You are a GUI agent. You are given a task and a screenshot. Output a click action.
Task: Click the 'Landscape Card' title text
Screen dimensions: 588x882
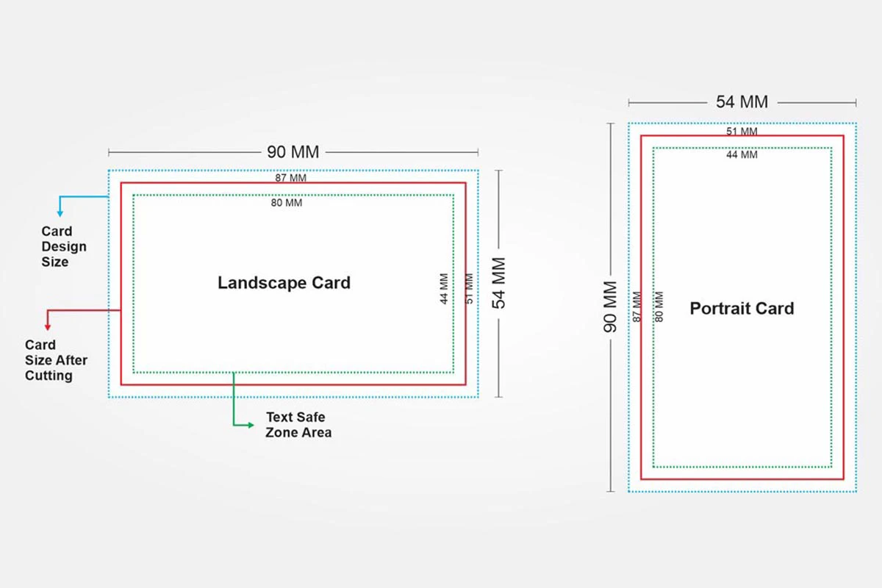coord(284,283)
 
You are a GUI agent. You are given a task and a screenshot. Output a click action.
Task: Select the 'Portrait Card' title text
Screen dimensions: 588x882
coord(742,309)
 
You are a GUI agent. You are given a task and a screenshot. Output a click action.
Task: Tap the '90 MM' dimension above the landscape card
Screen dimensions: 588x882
coord(293,152)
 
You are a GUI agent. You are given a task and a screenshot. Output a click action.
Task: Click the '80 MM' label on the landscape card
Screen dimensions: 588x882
coord(287,203)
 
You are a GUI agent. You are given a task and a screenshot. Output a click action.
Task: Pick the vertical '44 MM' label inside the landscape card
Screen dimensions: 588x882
coord(444,290)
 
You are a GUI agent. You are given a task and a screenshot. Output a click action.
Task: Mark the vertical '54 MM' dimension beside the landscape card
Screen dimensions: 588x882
coord(499,282)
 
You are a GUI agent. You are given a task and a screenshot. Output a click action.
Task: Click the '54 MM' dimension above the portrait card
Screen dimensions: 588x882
coord(742,102)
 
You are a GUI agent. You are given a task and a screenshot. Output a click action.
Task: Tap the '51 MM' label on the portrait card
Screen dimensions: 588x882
coord(742,132)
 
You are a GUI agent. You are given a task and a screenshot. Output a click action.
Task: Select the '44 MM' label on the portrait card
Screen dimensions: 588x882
coord(742,154)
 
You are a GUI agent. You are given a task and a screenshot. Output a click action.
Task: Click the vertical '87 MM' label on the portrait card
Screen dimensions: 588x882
coord(637,306)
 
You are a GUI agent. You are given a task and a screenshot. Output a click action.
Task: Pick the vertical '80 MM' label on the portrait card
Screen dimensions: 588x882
coord(659,306)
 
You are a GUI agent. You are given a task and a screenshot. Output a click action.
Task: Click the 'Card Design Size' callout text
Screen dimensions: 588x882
coord(64,247)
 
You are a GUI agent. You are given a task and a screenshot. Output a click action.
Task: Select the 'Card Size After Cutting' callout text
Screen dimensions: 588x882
coord(56,360)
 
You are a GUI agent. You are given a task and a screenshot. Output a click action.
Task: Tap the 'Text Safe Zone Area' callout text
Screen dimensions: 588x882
coord(298,425)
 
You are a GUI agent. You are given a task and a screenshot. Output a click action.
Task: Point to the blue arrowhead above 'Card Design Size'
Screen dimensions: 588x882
coord(60,213)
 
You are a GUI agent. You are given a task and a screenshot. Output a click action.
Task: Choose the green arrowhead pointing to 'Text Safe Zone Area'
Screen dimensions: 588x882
coord(250,424)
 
